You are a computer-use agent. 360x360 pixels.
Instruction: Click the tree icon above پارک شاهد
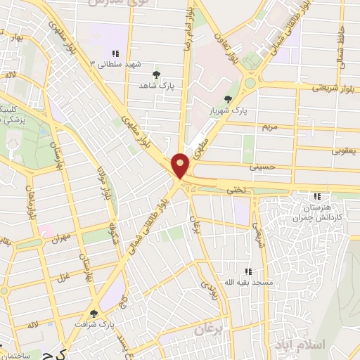point(156,73)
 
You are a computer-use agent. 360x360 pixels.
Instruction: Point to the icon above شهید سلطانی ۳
point(115,53)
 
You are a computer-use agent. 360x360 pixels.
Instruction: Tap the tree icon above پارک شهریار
point(227,99)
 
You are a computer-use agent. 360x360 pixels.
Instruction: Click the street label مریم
point(270,127)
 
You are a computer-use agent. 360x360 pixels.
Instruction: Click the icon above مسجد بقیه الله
point(247,271)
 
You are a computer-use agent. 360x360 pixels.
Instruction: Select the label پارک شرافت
point(96,324)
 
